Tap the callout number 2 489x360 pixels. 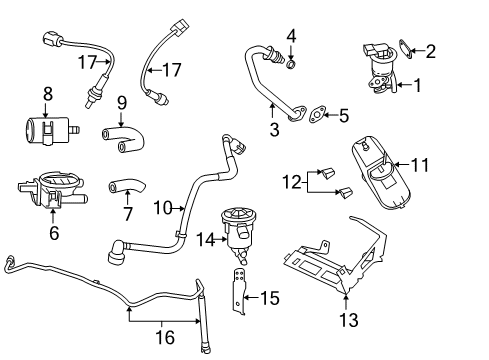pos(431,51)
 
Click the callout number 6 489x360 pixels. pos(54,234)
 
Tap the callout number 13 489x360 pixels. pos(347,321)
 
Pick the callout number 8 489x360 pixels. pos(46,95)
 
